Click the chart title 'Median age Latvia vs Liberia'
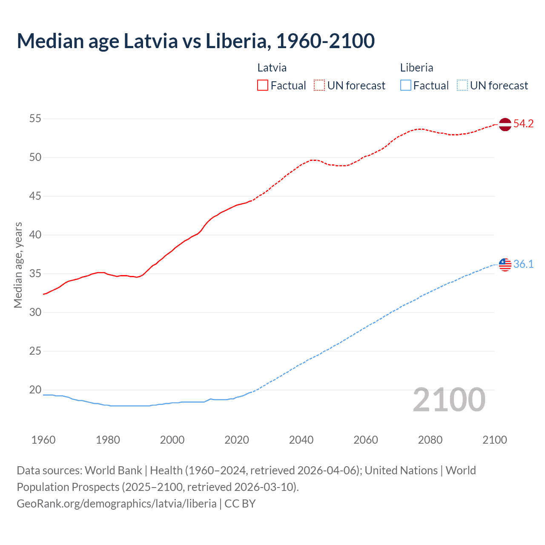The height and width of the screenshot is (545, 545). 195,41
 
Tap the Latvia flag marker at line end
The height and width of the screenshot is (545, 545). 505,124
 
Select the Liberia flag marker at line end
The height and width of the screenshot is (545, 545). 505,264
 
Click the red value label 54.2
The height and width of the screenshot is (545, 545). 523,124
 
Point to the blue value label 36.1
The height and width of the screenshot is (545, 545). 523,264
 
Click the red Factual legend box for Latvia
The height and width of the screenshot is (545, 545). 263,85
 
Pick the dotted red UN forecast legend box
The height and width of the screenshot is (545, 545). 319,85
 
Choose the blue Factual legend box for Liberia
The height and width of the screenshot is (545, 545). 406,85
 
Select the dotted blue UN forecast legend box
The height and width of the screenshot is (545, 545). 462,85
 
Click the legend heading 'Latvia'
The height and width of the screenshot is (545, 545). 272,68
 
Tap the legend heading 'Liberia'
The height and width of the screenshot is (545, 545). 416,68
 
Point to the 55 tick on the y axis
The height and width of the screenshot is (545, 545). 35,119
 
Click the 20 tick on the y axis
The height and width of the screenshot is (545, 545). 35,390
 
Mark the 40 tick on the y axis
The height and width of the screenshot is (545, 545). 35,235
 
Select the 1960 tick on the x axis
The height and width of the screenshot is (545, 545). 43,440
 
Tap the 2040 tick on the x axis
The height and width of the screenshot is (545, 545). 301,440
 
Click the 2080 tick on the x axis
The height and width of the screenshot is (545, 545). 430,440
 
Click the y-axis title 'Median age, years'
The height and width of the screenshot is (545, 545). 18,265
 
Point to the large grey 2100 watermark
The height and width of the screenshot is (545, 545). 449,400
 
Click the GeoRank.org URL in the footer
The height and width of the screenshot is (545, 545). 116,504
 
